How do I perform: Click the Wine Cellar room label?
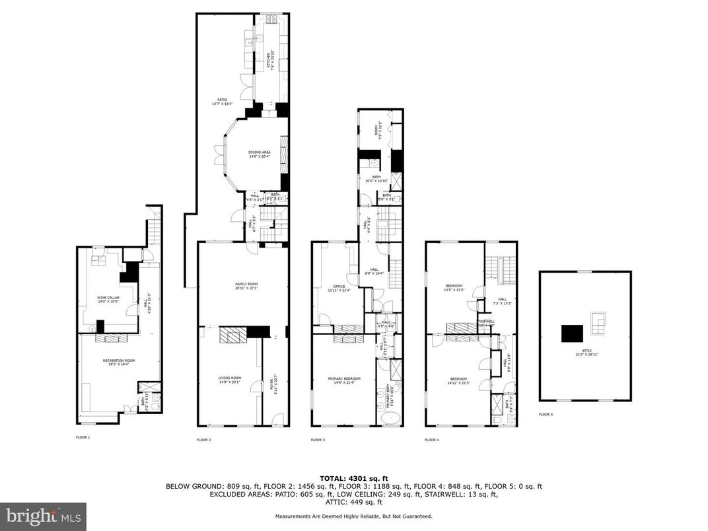(x=108, y=299)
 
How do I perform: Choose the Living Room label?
(x=230, y=379)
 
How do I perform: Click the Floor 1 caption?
(x=83, y=437)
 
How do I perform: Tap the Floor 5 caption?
(x=545, y=414)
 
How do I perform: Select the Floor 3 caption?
(x=318, y=440)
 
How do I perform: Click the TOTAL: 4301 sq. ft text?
(x=353, y=478)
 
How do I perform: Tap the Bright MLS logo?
(x=43, y=516)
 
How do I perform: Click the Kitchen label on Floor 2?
(x=269, y=59)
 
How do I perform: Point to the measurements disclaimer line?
(x=353, y=516)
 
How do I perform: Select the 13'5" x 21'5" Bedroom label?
(x=454, y=287)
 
